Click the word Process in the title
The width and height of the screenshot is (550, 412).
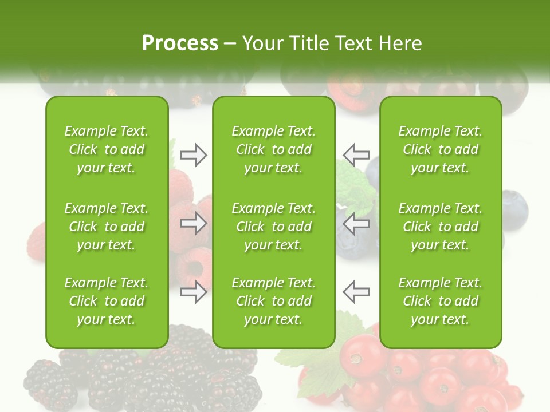coord(180,43)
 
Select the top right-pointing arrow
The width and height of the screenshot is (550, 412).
coord(193,154)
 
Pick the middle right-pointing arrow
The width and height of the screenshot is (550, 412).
coord(193,223)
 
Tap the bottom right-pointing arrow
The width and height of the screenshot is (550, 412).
coord(193,292)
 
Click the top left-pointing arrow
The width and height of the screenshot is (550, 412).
coord(356,154)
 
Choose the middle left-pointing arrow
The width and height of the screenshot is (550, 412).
coord(356,223)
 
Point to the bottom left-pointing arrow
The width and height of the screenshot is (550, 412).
coord(356,292)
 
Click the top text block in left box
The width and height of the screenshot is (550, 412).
coord(107,149)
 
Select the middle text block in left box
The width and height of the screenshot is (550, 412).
coord(107,227)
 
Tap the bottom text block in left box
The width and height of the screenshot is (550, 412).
coord(107,301)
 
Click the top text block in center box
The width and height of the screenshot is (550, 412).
coord(274,149)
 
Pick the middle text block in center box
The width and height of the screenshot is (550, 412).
coord(274,227)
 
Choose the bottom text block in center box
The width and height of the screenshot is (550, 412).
coord(274,301)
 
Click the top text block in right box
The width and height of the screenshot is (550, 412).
coord(441,149)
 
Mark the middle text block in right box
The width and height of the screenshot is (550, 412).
coord(441,227)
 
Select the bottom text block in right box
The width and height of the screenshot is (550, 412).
coord(441,301)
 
